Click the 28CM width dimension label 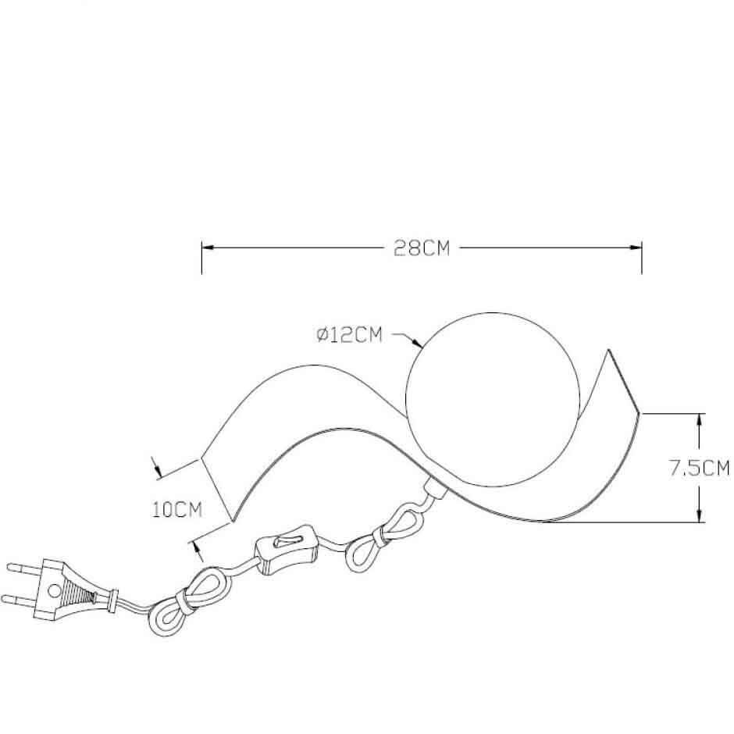[422, 248]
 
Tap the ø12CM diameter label [349, 335]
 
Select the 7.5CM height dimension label [698, 468]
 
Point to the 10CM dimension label [177, 509]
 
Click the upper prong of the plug [25, 568]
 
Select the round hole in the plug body [55, 590]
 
